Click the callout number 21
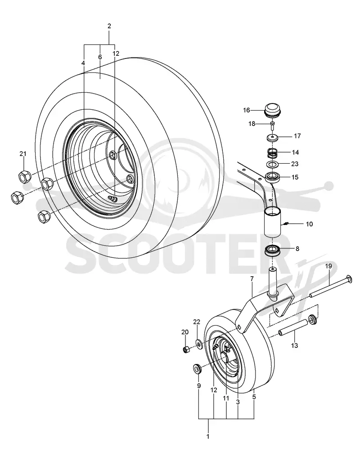coord(23,153)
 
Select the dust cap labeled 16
coord(273,111)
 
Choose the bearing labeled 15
coord(273,178)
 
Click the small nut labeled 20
coord(186,350)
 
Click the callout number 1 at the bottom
coord(208,436)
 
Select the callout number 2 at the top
coord(109,26)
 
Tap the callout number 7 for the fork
coord(252,278)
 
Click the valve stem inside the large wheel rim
coord(112,199)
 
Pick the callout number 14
coord(296,153)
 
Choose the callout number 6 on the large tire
coord(100,57)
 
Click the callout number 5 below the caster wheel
coord(254,397)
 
